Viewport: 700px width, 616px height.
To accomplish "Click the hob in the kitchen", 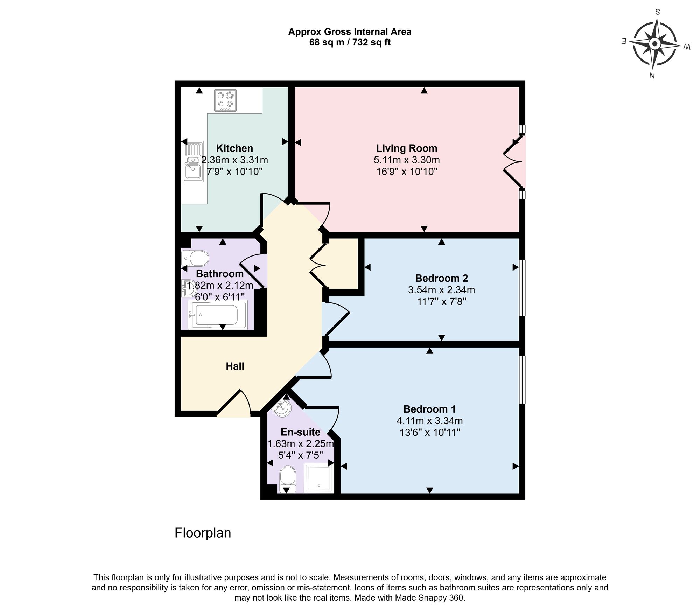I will pyautogui.click(x=225, y=101).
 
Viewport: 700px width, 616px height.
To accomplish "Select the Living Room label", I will pyautogui.click(x=406, y=148).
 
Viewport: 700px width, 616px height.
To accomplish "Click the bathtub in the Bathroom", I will pyautogui.click(x=217, y=315).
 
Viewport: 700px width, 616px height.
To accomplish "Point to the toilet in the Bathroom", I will pyautogui.click(x=195, y=259).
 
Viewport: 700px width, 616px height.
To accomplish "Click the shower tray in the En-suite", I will pyautogui.click(x=318, y=478).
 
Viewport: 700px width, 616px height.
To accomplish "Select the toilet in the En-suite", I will pyautogui.click(x=288, y=479).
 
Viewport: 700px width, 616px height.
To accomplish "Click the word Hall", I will pyautogui.click(x=235, y=366).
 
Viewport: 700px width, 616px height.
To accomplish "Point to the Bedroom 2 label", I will pyautogui.click(x=441, y=278).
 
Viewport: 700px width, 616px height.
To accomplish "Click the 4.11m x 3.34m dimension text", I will pyautogui.click(x=429, y=421).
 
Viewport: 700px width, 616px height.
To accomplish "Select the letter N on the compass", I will pyautogui.click(x=652, y=76).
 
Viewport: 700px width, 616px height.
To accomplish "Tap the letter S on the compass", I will pyautogui.click(x=657, y=12).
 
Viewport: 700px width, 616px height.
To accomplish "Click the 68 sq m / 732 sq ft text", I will pyautogui.click(x=350, y=43).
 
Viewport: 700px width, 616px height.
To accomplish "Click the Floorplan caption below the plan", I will pyautogui.click(x=203, y=533).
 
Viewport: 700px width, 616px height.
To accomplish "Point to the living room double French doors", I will pyautogui.click(x=514, y=162).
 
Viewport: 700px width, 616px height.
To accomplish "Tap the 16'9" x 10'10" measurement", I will pyautogui.click(x=406, y=171).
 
